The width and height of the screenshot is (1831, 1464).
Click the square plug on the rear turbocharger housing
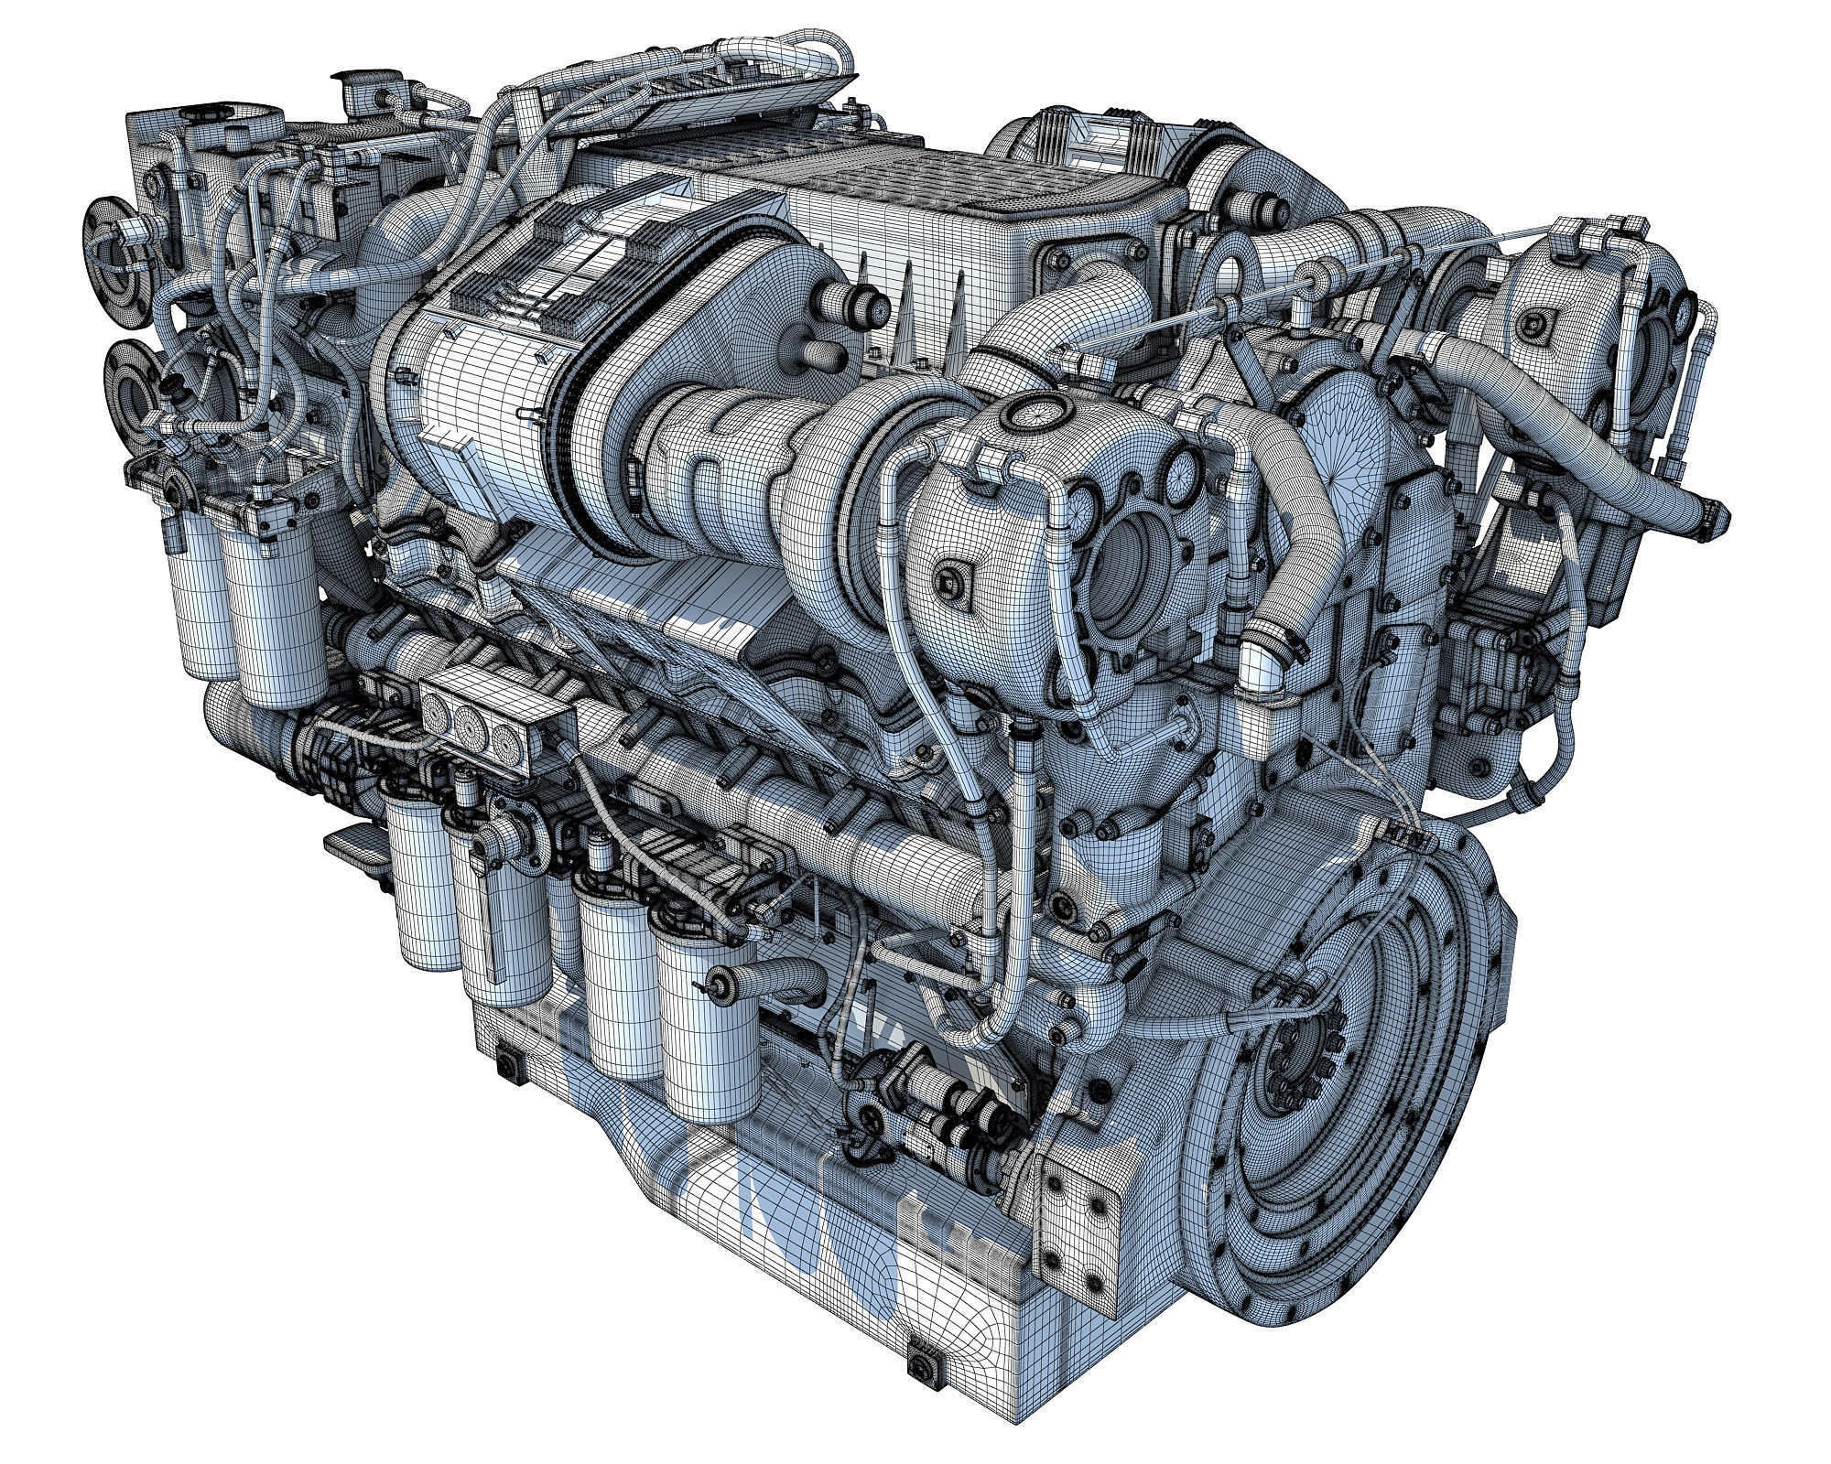[1536, 322]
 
